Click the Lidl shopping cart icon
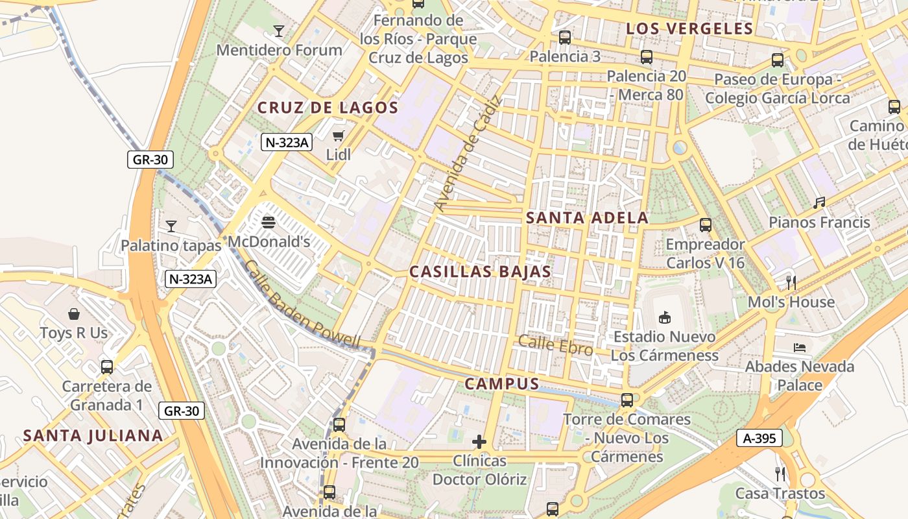[x=338, y=136]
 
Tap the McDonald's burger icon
[x=269, y=223]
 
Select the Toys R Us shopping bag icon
[x=74, y=314]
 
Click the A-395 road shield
[x=759, y=439]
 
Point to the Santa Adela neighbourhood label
[x=587, y=218]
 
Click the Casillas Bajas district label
[x=480, y=272]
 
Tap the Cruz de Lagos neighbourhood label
[x=328, y=108]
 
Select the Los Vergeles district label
[x=690, y=29]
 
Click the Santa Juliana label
[x=93, y=435]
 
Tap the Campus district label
[x=502, y=384]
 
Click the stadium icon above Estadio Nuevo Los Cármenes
[x=664, y=317]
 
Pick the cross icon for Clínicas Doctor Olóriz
[x=479, y=442]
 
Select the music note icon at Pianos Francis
[x=820, y=203]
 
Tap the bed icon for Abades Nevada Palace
[x=799, y=348]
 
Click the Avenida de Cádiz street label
[x=468, y=154]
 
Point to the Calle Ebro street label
[x=556, y=345]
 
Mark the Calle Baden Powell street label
[x=302, y=305]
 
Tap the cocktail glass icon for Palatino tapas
[x=171, y=226]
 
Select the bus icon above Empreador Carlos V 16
[x=706, y=225]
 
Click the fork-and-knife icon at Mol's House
[x=791, y=282]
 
